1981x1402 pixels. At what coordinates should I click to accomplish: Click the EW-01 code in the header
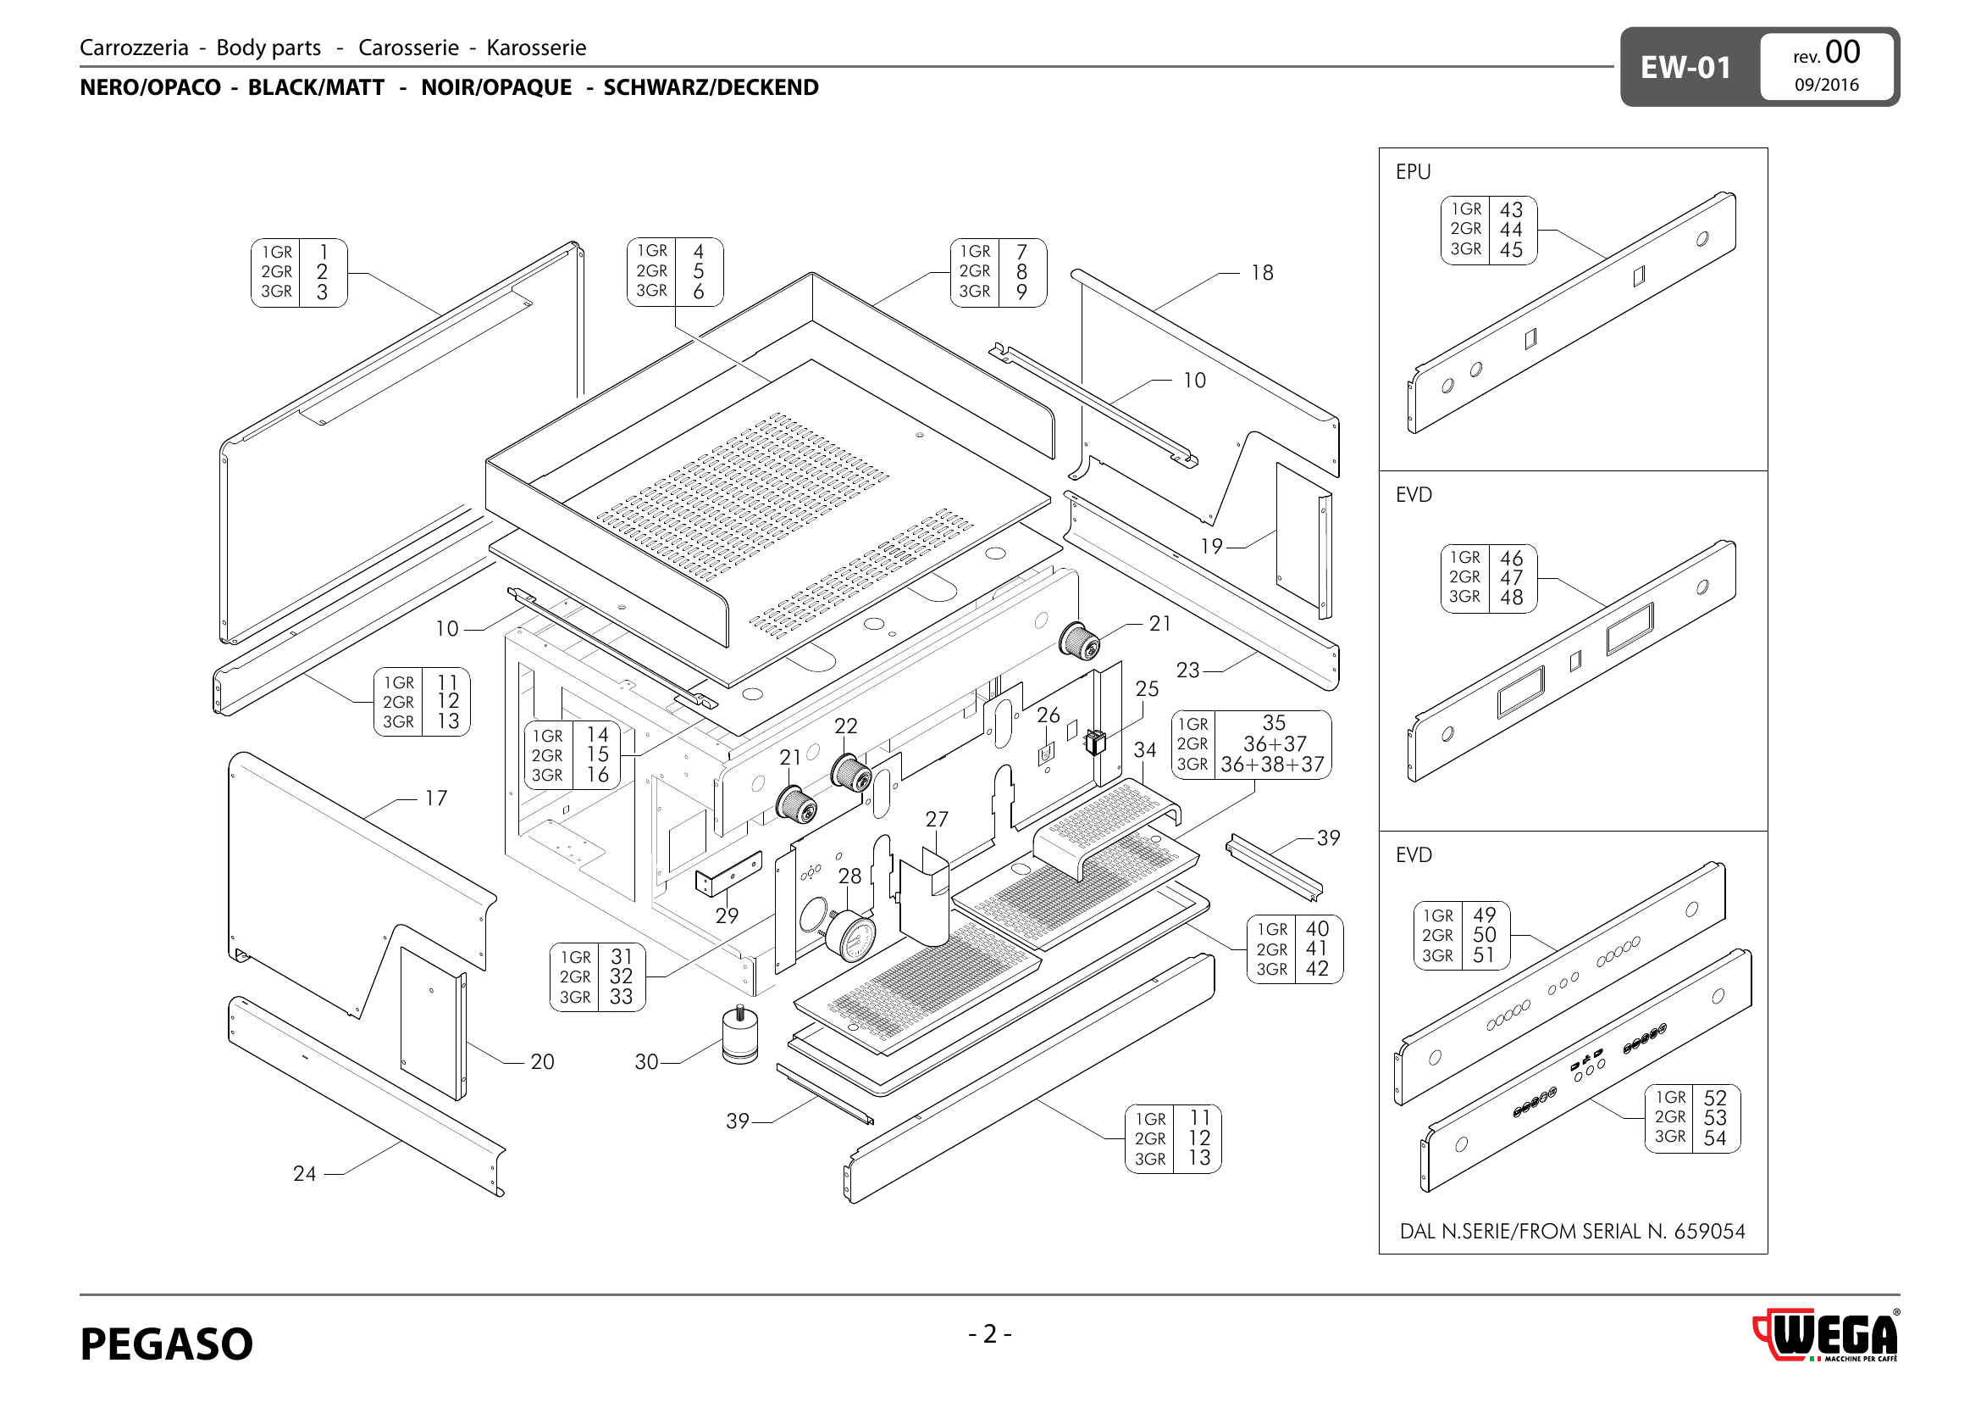point(1685,67)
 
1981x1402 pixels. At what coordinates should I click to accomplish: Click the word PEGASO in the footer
point(167,1344)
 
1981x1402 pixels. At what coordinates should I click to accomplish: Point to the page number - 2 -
point(989,1334)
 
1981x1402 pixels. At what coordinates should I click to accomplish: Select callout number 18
point(1261,273)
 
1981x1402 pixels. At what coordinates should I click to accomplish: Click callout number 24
point(305,1173)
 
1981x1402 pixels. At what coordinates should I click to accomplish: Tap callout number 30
point(646,1062)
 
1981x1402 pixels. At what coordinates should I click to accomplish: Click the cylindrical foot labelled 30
point(740,1036)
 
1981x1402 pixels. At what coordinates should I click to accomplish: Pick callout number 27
point(937,820)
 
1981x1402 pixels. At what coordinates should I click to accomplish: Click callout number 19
point(1211,546)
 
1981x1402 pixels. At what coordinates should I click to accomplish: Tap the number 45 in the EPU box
point(1511,249)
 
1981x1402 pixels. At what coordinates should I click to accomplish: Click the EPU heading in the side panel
point(1414,172)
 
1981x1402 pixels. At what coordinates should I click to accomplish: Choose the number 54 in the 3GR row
point(1714,1138)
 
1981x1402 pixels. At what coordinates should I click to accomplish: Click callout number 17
point(436,798)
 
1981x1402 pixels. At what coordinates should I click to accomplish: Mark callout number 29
point(727,915)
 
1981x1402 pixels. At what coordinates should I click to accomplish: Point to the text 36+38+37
point(1272,765)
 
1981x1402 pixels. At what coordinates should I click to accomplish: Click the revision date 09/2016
point(1827,85)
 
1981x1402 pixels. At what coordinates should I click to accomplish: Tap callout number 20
point(542,1062)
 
